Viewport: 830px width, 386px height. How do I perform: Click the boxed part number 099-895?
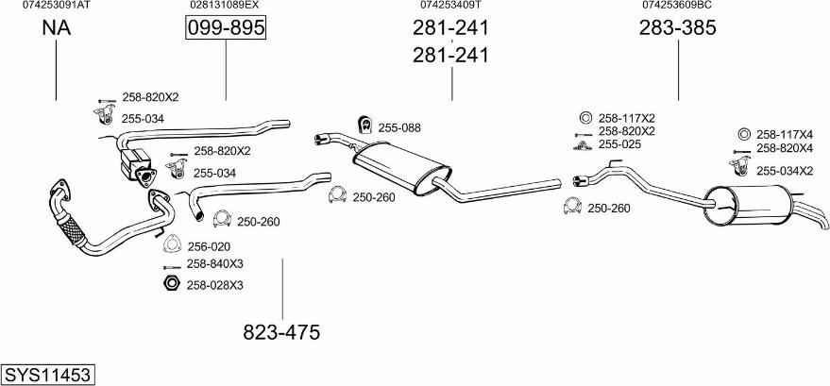pyautogui.click(x=226, y=29)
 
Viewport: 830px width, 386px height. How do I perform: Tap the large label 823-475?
pyautogui.click(x=281, y=332)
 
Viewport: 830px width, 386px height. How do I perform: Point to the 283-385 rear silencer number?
pyautogui.click(x=678, y=29)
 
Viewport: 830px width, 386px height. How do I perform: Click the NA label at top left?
pyautogui.click(x=57, y=29)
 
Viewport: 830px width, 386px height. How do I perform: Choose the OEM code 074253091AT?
pyautogui.click(x=57, y=5)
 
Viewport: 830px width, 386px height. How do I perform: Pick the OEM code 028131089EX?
pyautogui.click(x=224, y=5)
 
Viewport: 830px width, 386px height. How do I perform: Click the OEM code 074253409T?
pyautogui.click(x=450, y=5)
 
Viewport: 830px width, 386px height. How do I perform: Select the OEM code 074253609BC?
pyautogui.click(x=677, y=5)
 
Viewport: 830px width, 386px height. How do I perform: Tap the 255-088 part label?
pyautogui.click(x=399, y=127)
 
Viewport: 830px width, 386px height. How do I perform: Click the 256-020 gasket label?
pyautogui.click(x=208, y=246)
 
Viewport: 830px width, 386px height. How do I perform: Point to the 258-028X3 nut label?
pyautogui.click(x=214, y=284)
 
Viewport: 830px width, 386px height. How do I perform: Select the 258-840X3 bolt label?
pyautogui.click(x=214, y=264)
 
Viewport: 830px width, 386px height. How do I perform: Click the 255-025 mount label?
pyautogui.click(x=619, y=144)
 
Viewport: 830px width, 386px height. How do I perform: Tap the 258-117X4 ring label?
pyautogui.click(x=785, y=134)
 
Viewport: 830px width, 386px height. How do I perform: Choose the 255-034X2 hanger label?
pyautogui.click(x=785, y=170)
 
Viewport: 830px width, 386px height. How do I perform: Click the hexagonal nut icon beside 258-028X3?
pyautogui.click(x=171, y=284)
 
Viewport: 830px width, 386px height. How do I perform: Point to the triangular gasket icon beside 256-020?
pyautogui.click(x=172, y=244)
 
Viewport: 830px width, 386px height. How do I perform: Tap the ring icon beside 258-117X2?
pyautogui.click(x=583, y=118)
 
